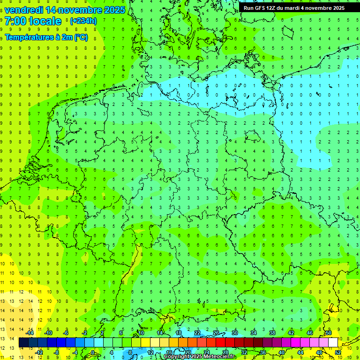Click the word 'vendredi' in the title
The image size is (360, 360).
(22, 10)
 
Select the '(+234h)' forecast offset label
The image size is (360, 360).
(83, 21)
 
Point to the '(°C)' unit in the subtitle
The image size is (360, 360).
(81, 37)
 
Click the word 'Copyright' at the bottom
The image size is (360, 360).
(177, 357)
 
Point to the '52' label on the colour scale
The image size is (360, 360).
(338, 352)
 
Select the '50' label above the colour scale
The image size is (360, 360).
(329, 333)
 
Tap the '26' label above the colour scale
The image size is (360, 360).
(216, 333)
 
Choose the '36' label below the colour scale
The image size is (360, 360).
(263, 352)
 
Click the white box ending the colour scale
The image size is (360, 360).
(333, 343)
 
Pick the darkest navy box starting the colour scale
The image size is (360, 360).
(23, 343)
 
